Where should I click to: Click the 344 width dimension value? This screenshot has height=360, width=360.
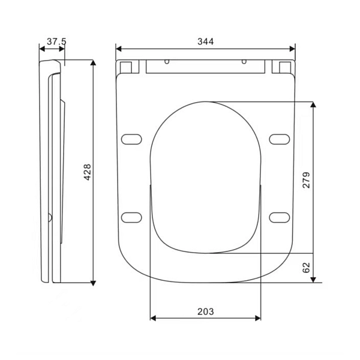205,41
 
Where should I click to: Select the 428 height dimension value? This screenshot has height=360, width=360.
88,173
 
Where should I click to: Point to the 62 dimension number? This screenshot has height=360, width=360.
306,268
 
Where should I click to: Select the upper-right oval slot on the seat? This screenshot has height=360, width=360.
278,139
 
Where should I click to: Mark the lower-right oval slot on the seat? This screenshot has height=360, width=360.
278,217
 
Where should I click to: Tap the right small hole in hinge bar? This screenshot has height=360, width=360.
244,62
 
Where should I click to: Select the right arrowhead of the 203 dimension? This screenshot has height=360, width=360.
259,318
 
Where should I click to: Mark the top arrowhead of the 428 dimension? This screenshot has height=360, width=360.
94,62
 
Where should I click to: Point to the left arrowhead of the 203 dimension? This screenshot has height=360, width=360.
152,318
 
